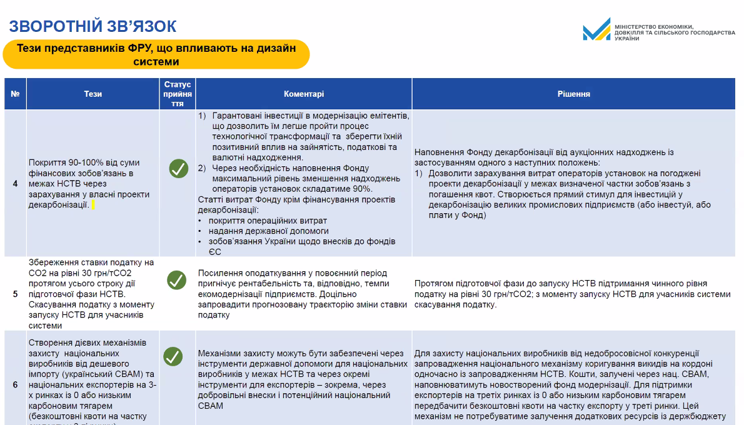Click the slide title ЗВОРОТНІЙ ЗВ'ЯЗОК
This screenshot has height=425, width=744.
(93, 26)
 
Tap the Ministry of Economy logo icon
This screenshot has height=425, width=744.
(596, 29)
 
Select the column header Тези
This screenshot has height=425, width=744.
(93, 94)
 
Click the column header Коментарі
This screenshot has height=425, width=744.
(304, 94)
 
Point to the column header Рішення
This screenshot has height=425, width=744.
(573, 94)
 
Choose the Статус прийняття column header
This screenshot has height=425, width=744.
(178, 94)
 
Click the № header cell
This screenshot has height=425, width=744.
(15, 94)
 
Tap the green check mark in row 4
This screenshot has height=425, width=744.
(178, 169)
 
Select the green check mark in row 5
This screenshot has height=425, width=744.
(177, 280)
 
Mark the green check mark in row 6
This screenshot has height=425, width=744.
(173, 356)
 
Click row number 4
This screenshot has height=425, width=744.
(15, 184)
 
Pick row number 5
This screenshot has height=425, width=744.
(15, 294)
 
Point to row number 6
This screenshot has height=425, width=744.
(15, 385)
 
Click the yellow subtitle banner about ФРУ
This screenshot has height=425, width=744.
(156, 54)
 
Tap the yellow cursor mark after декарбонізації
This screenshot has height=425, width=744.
(93, 204)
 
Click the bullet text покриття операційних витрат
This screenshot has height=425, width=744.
(268, 221)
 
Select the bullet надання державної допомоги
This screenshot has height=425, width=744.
(266, 231)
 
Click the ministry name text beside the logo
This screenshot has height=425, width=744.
(675, 32)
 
